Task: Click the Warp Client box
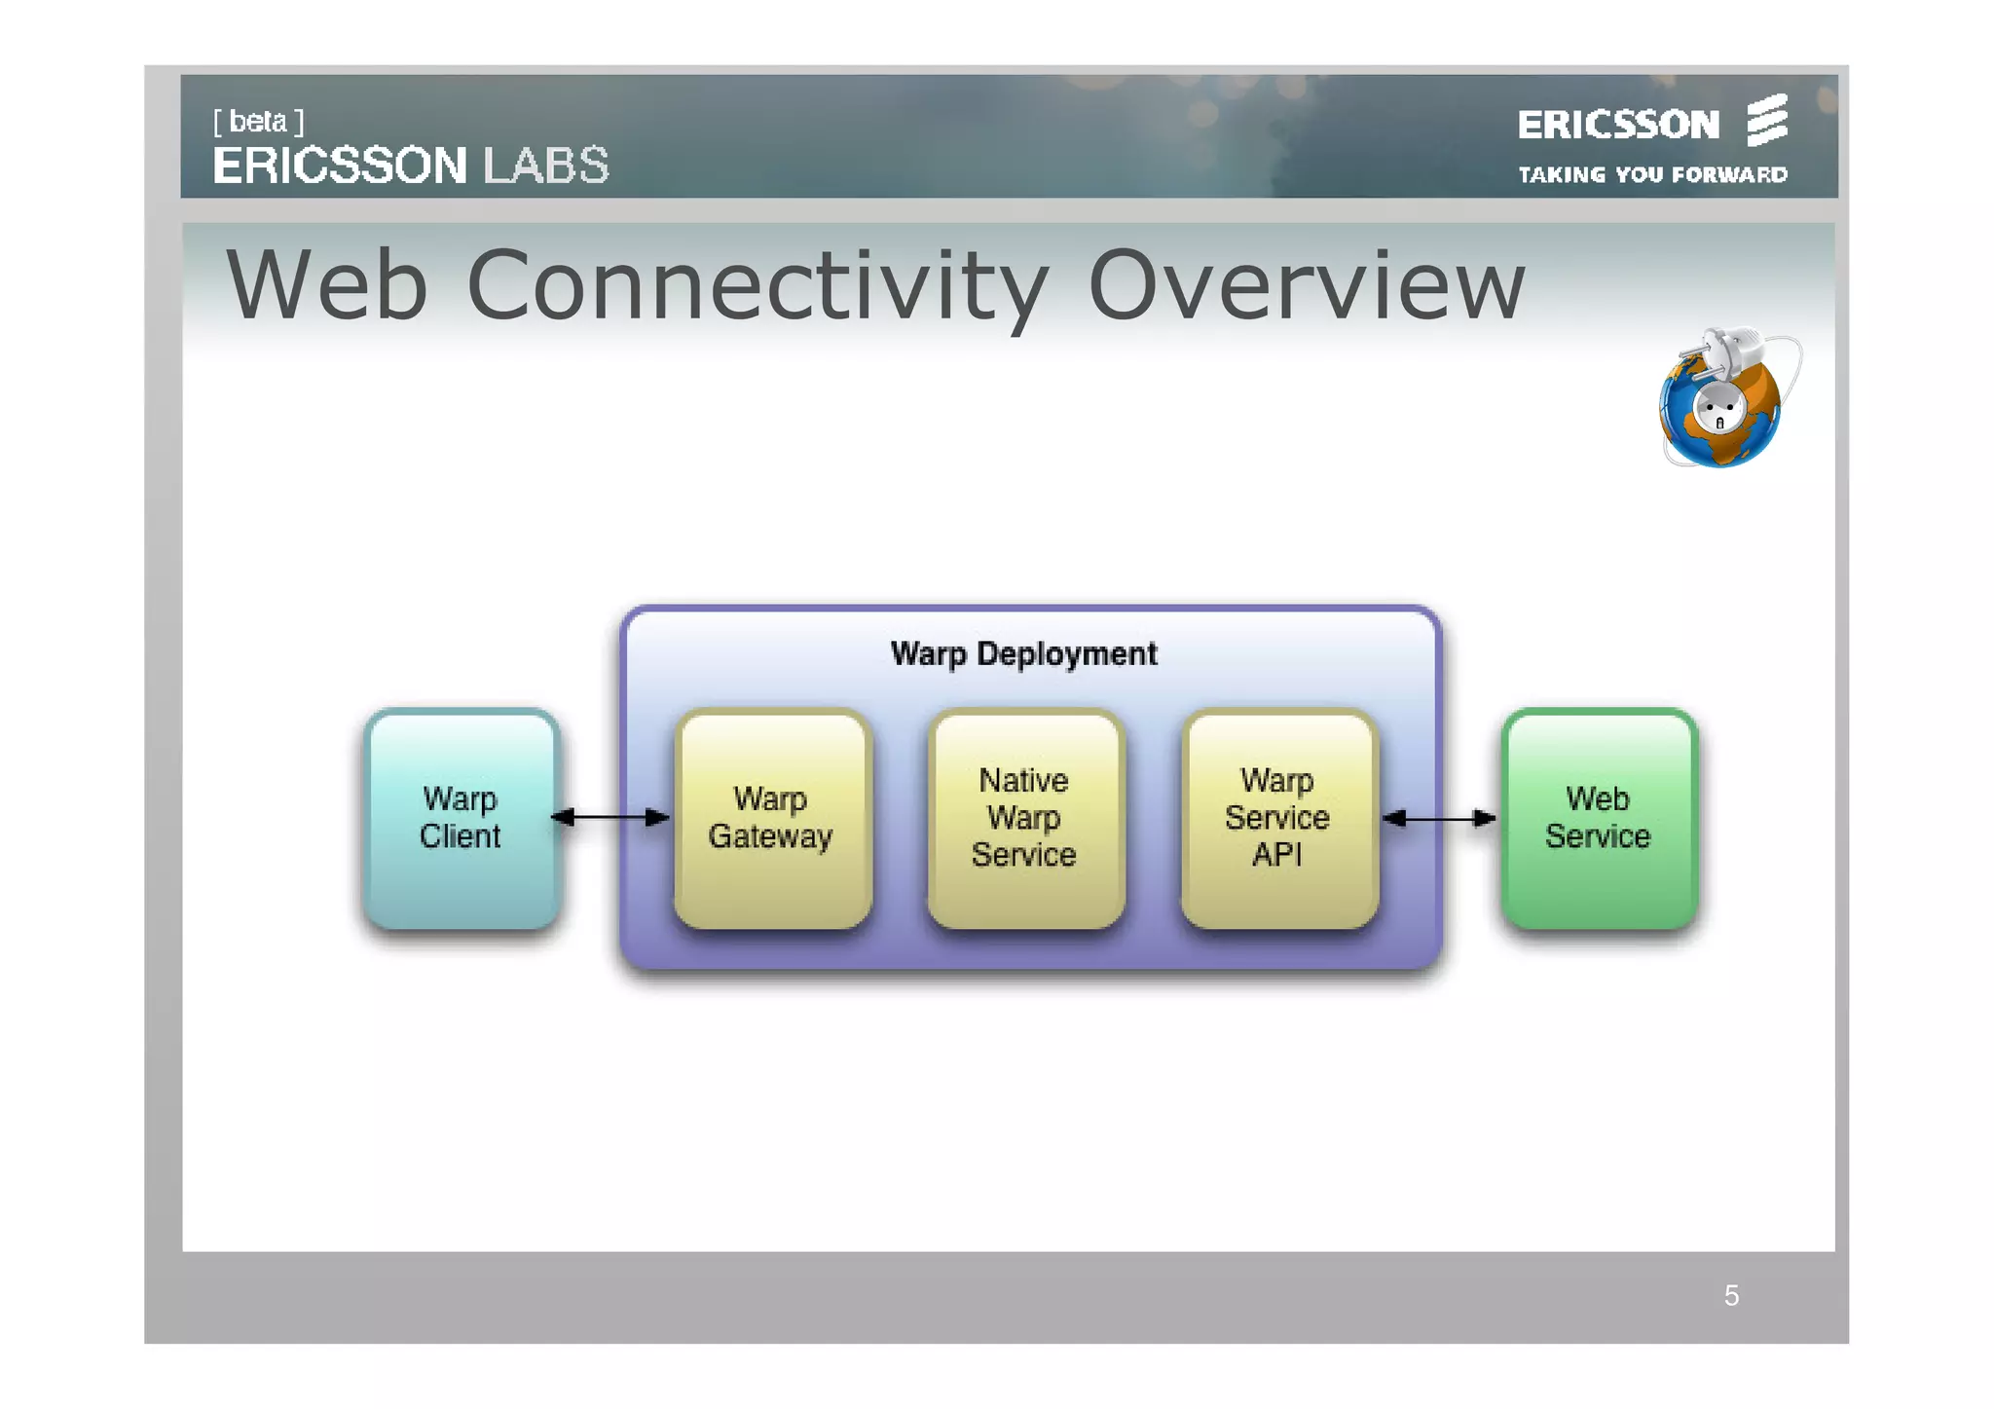click(x=461, y=818)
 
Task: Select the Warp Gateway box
click(x=772, y=818)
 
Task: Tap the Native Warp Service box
click(x=1025, y=818)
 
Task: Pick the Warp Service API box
click(x=1278, y=818)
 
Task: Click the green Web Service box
click(x=1599, y=818)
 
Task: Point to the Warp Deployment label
click(x=1023, y=653)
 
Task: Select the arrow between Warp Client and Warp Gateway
click(x=610, y=817)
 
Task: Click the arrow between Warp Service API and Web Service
click(x=1439, y=818)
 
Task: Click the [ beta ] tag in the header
click(x=258, y=122)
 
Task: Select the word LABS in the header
click(x=546, y=166)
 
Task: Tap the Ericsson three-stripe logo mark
click(x=1767, y=120)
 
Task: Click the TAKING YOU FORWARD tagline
click(x=1652, y=175)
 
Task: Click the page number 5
click(x=1731, y=1295)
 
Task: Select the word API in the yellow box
click(x=1276, y=855)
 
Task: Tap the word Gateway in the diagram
click(x=770, y=836)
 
